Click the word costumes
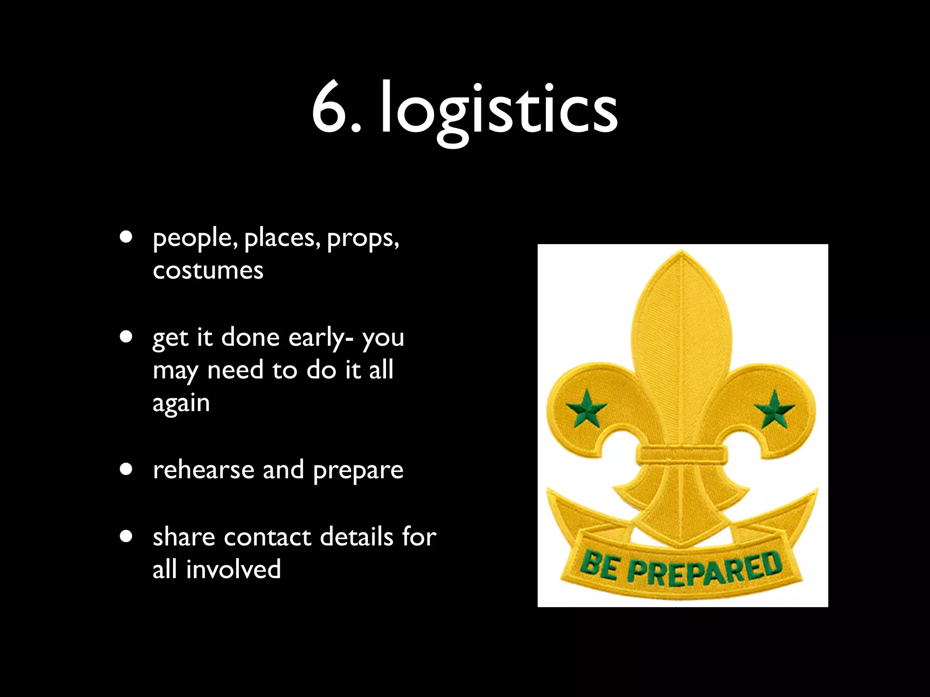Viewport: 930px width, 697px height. coord(208,270)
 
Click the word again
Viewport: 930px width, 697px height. coord(181,403)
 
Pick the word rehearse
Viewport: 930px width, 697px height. coord(203,470)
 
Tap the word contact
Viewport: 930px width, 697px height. coord(267,537)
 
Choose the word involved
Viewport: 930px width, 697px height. coord(233,569)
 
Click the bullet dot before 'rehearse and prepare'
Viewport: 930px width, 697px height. coord(126,469)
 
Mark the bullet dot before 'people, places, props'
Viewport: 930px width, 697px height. coord(126,237)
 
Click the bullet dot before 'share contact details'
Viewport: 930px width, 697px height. coord(126,536)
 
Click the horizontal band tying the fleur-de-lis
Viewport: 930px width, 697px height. coord(681,454)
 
